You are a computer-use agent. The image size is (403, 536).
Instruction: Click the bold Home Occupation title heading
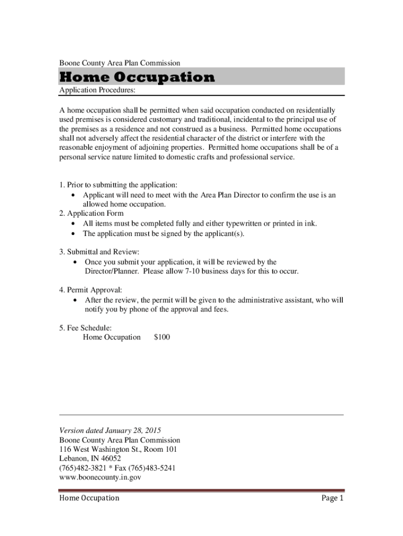coord(137,77)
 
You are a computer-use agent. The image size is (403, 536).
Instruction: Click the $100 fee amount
coord(162,338)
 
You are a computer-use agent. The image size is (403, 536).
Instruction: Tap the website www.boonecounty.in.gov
coord(100,477)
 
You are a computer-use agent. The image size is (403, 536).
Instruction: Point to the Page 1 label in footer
coord(332,498)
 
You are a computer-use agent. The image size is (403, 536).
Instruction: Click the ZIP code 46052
coord(110,459)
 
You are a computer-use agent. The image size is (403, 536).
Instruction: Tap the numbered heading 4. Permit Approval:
coord(91,290)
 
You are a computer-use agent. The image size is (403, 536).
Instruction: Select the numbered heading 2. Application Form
coord(92,214)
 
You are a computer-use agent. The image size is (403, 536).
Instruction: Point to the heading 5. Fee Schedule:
coord(85,328)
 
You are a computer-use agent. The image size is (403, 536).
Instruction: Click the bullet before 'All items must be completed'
coord(73,224)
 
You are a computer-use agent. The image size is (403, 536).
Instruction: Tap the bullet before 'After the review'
coord(77,300)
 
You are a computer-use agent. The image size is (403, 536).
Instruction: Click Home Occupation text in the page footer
coord(89,498)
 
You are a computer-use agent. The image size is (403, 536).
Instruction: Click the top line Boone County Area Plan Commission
coord(120,63)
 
